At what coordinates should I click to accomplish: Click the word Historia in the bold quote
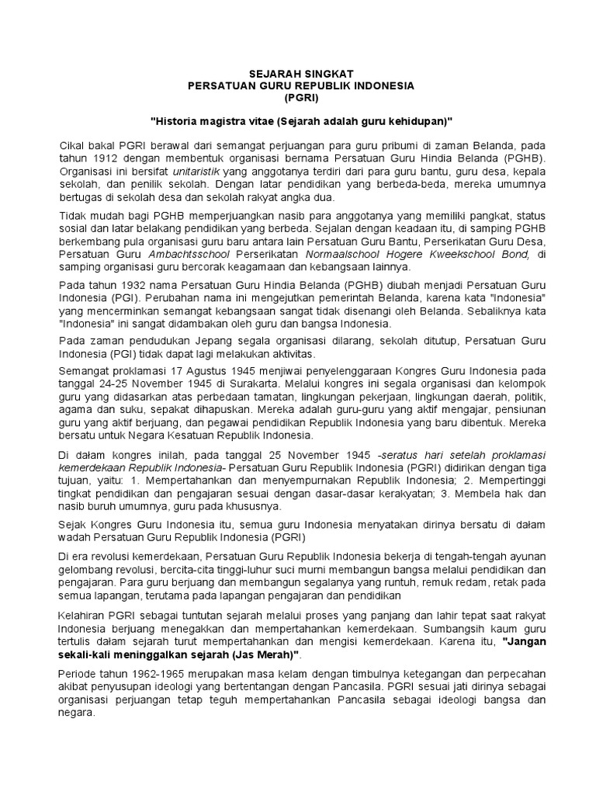tap(175, 123)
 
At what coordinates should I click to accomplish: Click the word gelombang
tap(86, 569)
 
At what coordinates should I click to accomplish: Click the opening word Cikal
tap(74, 145)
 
